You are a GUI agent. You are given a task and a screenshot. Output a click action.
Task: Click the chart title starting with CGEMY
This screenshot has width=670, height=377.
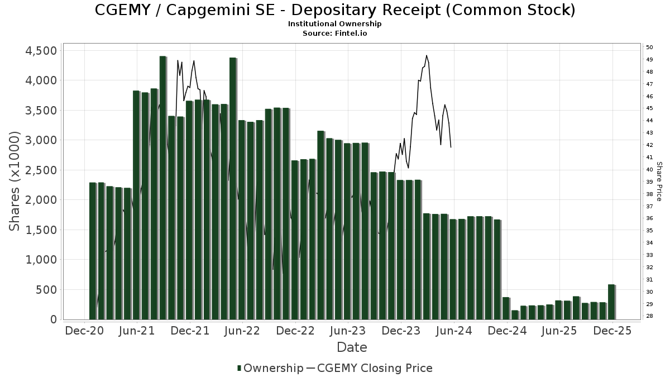point(335,10)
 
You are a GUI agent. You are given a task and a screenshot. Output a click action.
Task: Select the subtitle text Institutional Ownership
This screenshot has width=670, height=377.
point(335,24)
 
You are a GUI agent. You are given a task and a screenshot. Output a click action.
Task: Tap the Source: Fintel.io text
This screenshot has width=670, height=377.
point(335,33)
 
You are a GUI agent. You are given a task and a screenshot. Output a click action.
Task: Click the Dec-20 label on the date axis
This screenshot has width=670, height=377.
point(84,331)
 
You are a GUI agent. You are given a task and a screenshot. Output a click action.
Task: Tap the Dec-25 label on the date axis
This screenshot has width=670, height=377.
point(612,331)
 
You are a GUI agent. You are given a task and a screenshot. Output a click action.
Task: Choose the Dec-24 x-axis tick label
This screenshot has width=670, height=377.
point(507,331)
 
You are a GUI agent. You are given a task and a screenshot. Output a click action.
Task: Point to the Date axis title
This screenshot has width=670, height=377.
point(352,347)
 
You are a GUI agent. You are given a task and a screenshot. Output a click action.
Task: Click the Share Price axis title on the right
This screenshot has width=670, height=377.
point(659,181)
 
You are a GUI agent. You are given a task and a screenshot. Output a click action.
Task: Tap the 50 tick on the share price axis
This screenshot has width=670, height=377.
point(650,47)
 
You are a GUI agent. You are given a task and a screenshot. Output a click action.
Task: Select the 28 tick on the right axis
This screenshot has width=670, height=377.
point(650,317)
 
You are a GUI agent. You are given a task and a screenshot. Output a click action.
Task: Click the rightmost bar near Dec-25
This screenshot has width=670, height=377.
point(611,302)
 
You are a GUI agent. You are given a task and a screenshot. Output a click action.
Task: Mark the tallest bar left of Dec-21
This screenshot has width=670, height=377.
point(162,187)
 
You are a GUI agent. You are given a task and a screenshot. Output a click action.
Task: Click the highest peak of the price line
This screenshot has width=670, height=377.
point(427,56)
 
